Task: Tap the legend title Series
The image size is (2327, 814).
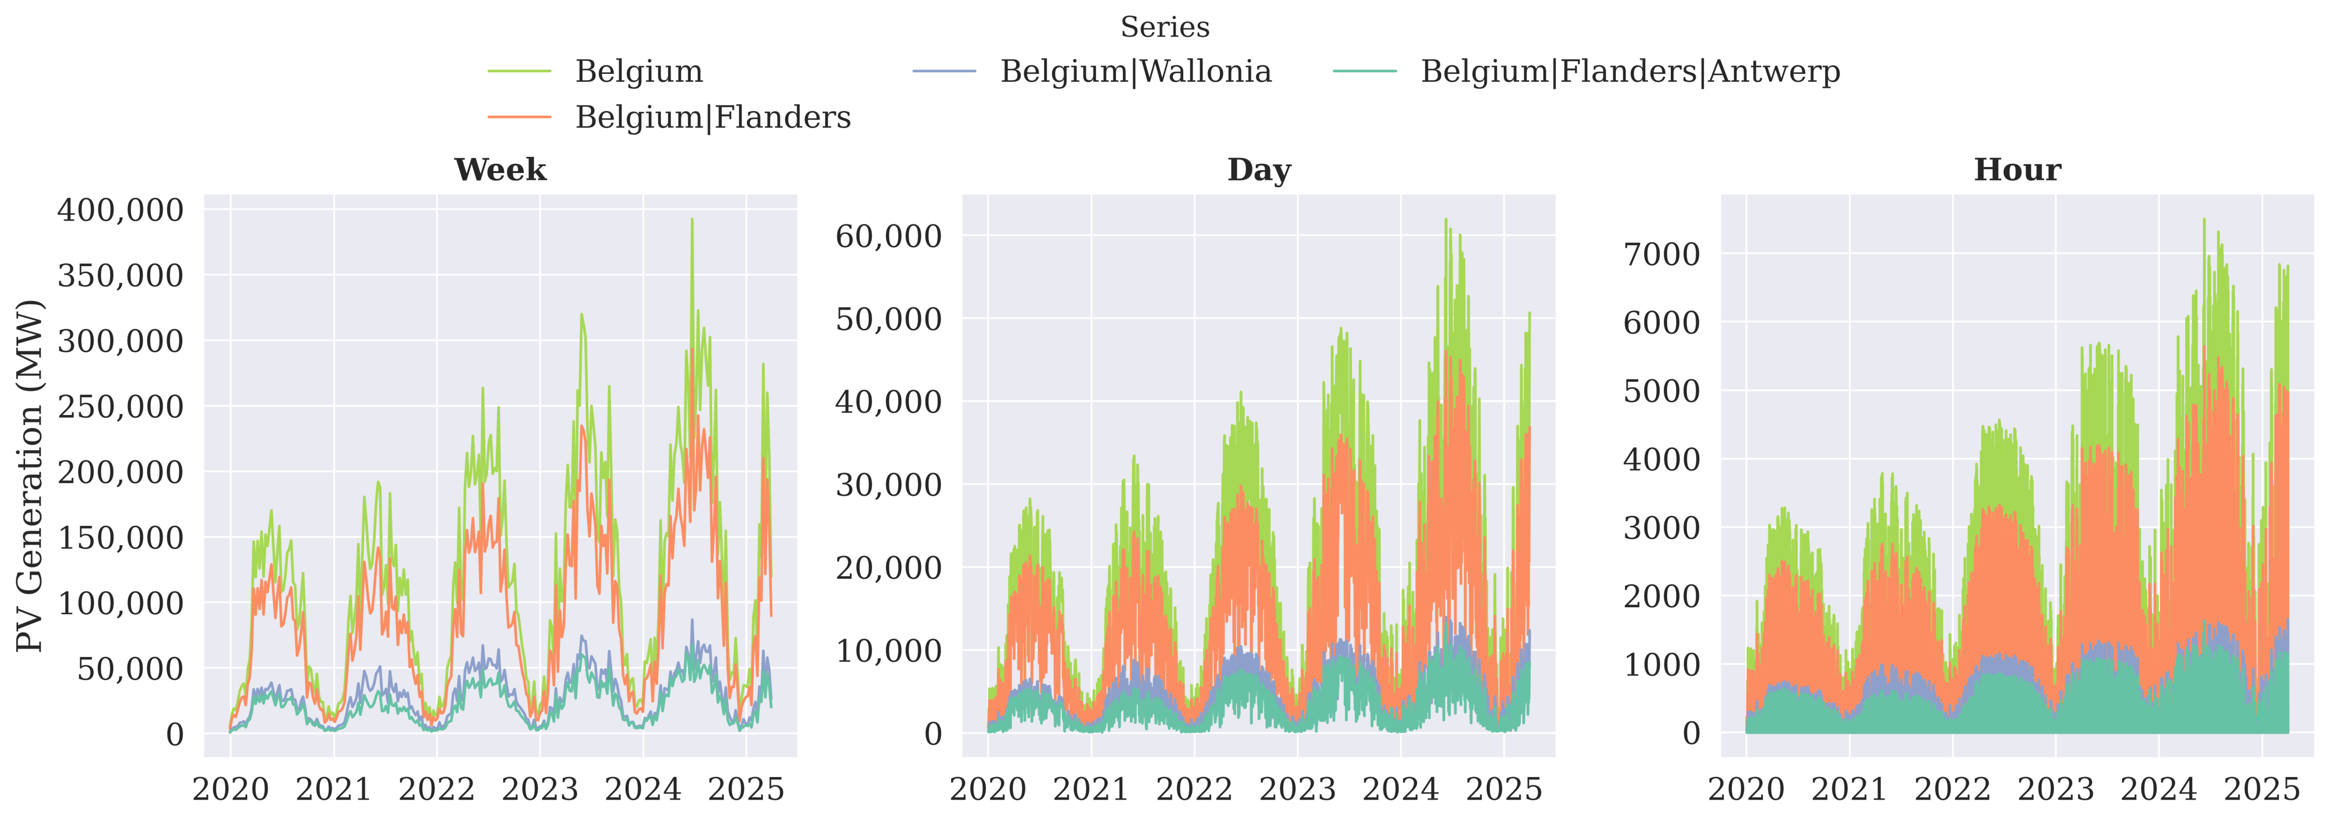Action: click(x=1165, y=27)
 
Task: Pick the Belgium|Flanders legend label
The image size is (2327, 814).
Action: click(x=713, y=117)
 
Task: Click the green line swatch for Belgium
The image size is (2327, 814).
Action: click(x=520, y=71)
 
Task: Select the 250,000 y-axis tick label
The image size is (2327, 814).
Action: click(x=120, y=406)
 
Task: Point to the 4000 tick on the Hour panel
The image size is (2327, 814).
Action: click(x=1661, y=459)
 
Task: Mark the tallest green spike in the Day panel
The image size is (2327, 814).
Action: click(x=1446, y=220)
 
